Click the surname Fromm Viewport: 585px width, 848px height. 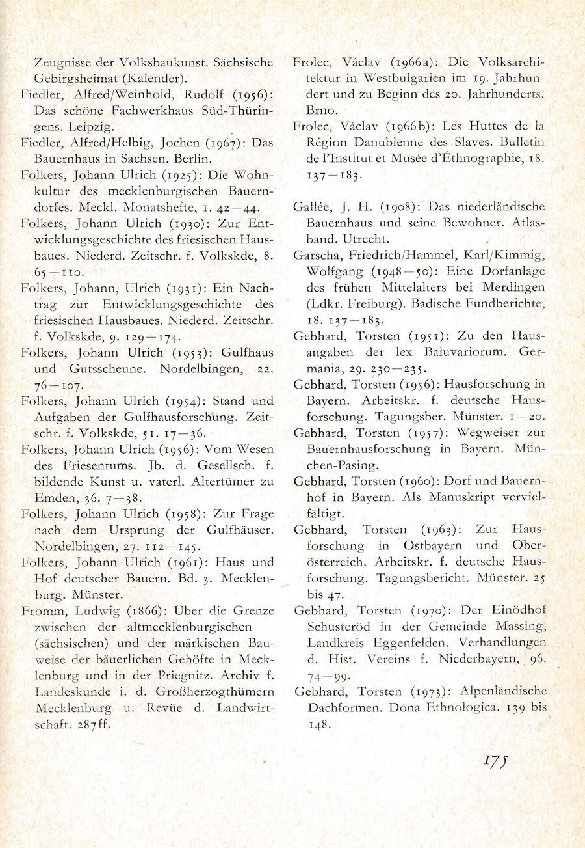(39, 610)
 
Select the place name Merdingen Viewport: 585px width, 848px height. (510, 287)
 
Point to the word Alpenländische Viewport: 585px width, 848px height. (504, 691)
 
